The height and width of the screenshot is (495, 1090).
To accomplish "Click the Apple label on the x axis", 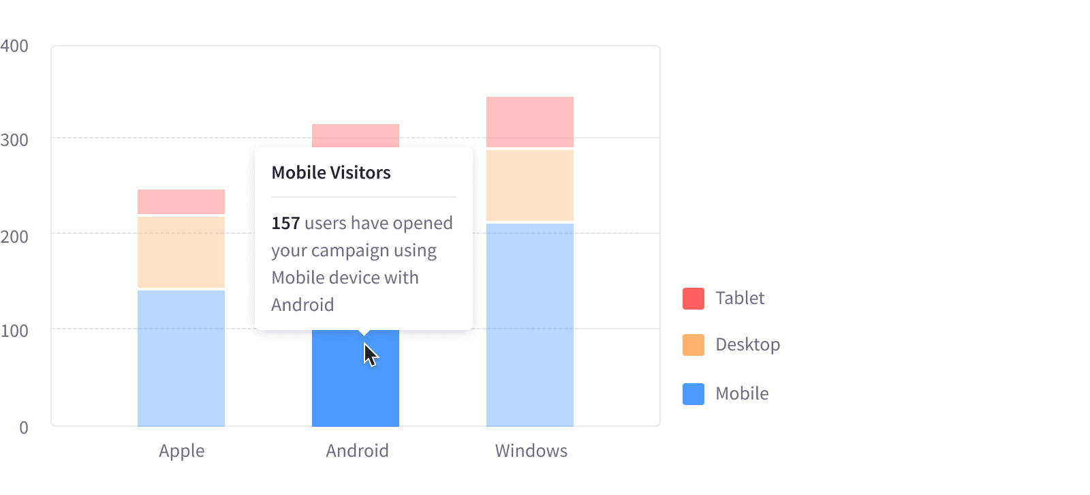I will coord(181,451).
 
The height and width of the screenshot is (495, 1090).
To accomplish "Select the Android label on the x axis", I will coord(357,451).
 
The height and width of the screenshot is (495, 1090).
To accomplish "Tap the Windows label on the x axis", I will coord(531,451).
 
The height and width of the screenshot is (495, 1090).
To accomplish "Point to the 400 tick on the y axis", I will coord(14,46).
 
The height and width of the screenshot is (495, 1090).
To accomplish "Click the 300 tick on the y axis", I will coord(14,140).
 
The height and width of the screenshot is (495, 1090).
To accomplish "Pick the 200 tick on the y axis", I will coord(14,237).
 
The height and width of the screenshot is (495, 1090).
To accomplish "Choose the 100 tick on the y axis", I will coord(14,331).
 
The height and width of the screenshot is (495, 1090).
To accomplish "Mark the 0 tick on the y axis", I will coord(24,427).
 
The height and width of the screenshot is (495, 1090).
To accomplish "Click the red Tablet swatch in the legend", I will coord(694,299).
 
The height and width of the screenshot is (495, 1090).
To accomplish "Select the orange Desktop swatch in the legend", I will coord(694,345).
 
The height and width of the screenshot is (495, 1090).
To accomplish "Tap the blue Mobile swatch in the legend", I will coord(694,394).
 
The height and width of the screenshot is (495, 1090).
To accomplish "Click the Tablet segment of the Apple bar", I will coord(181,202).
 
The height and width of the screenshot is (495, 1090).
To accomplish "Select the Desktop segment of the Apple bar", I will coord(181,252).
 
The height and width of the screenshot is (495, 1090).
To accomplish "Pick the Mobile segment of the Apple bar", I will coord(181,358).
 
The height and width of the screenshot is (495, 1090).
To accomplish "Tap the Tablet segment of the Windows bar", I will coord(530,121).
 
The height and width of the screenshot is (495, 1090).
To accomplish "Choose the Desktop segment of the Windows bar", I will coord(530,185).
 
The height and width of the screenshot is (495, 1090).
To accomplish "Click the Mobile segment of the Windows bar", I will coord(530,325).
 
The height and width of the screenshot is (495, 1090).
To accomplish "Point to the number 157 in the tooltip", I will coord(285,224).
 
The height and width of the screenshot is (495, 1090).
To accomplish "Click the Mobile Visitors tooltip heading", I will coord(331,172).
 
